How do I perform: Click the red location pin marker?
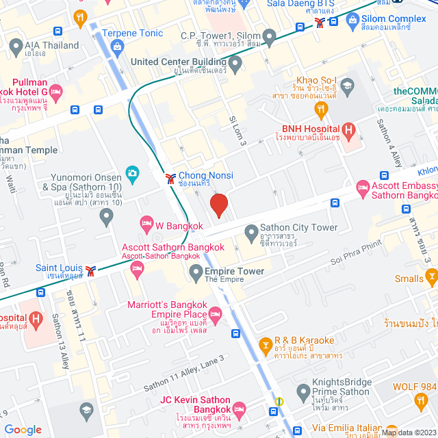point(218,205)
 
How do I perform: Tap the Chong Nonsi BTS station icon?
point(170,179)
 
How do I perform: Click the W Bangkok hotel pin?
point(146,223)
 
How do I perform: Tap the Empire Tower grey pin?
point(196,272)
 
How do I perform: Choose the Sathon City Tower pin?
point(251,231)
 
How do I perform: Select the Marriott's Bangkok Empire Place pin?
point(215,315)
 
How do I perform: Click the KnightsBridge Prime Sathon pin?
point(304,391)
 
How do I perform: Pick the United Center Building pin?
point(236,65)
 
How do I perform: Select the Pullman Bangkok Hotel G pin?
point(55,91)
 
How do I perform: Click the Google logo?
point(23,429)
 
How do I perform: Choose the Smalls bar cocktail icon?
point(431,276)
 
